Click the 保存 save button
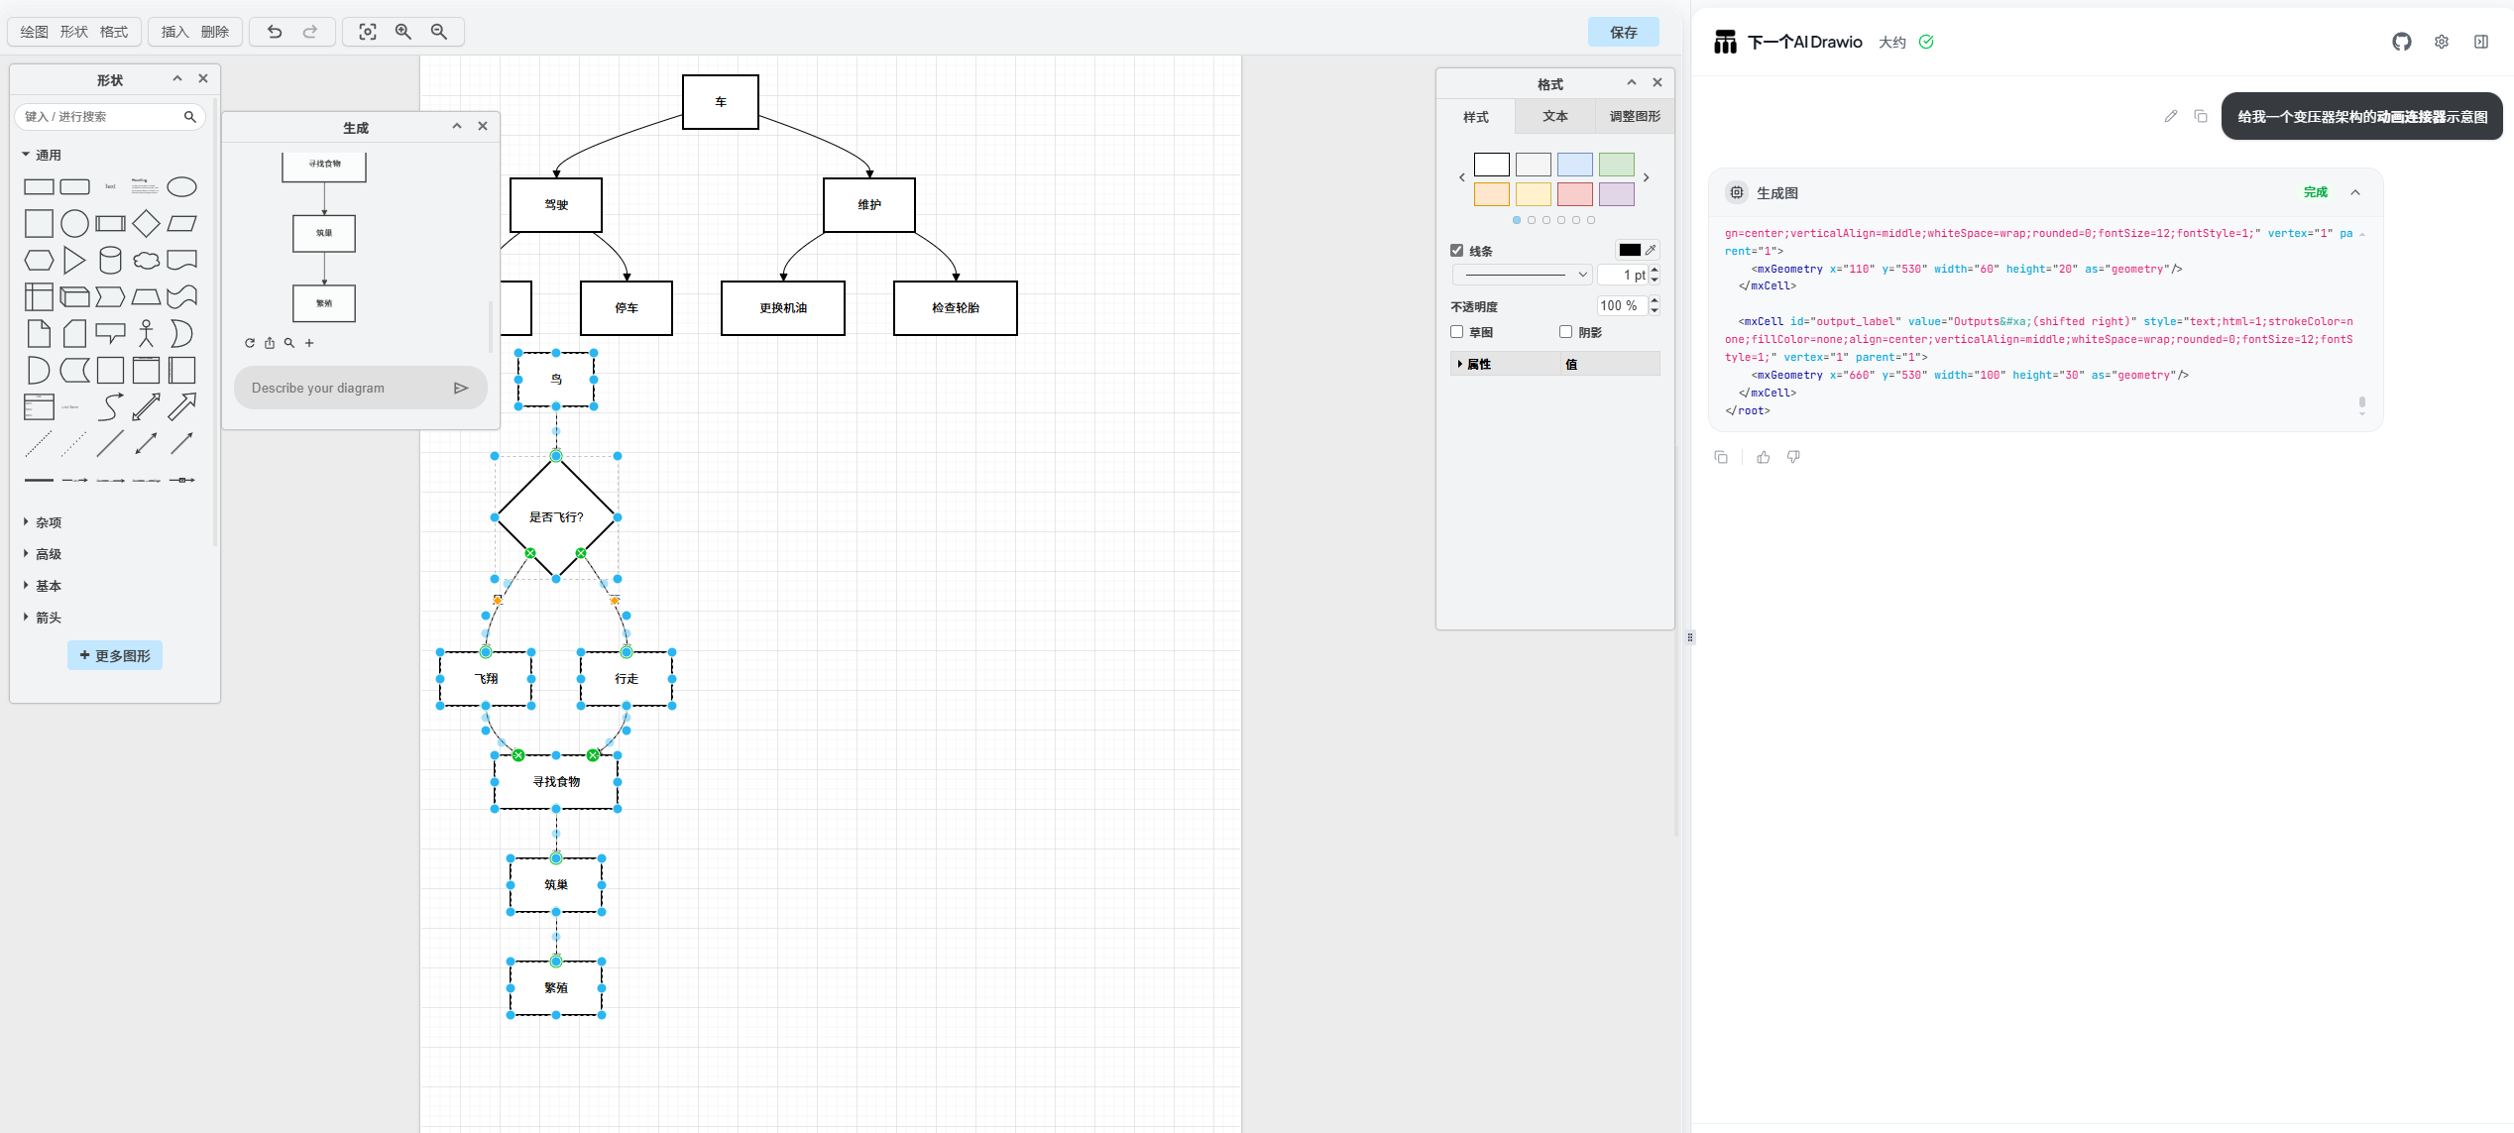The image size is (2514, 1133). point(1623,33)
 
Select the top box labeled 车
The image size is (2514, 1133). point(721,102)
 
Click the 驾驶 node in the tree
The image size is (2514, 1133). point(556,205)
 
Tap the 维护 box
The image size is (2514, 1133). point(869,205)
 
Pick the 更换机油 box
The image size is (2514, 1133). point(783,308)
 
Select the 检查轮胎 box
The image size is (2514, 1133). point(956,308)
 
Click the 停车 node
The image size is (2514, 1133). point(627,308)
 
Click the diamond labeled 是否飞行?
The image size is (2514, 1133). point(556,516)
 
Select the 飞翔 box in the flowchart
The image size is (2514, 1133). point(486,679)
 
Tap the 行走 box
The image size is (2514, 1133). point(627,679)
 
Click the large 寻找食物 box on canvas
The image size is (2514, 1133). point(556,782)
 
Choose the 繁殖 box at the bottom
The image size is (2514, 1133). point(556,988)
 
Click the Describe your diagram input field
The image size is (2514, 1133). point(347,388)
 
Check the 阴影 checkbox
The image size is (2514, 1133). point(1565,332)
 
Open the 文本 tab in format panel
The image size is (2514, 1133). point(1554,116)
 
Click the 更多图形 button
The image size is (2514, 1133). point(115,655)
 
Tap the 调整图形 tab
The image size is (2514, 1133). point(1634,116)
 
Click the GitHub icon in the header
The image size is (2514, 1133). point(2401,42)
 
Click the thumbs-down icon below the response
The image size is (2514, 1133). point(1793,457)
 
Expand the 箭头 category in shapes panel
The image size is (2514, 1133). point(48,618)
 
